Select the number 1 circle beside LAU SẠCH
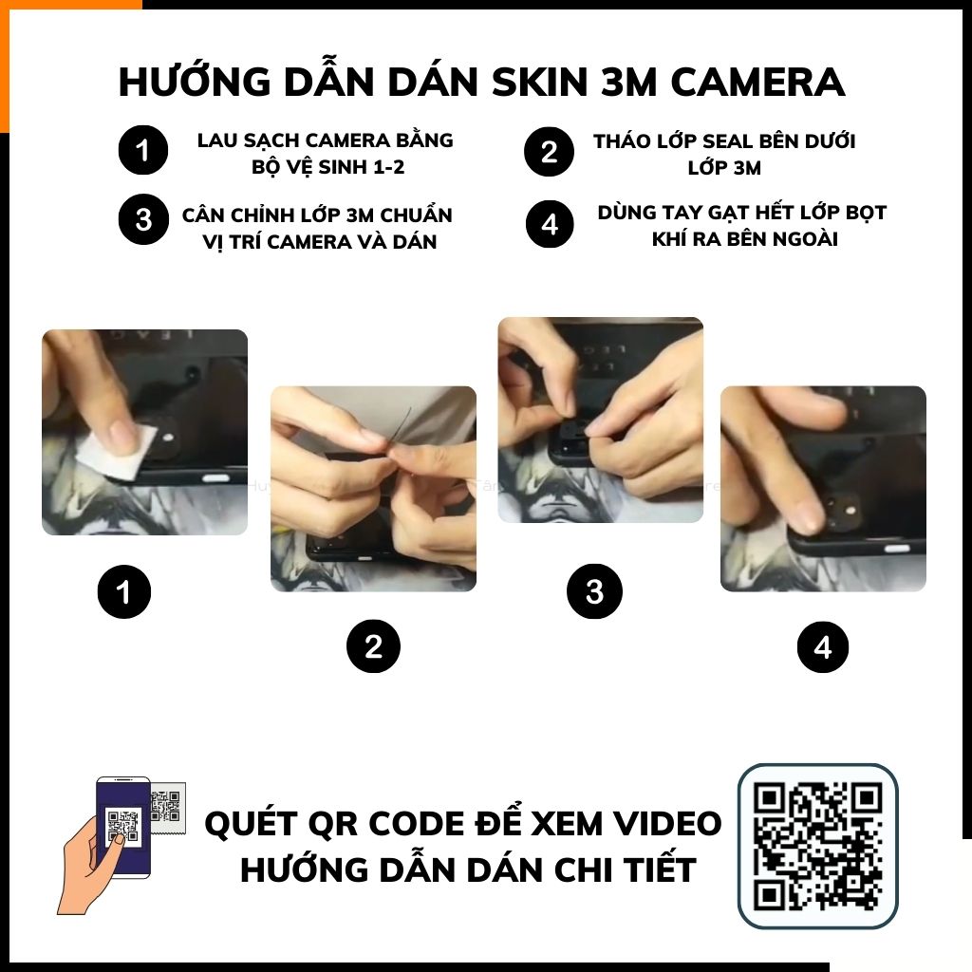pos(143,150)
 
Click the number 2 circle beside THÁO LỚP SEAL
pos(549,152)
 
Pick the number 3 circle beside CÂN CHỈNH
pos(143,219)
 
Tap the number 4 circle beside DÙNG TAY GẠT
pos(550,224)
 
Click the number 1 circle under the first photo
pos(124,592)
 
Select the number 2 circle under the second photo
pos(373,646)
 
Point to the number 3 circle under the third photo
pos(594,591)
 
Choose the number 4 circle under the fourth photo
pos(823,647)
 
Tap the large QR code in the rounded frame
pos(817,846)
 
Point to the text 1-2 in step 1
pos(387,167)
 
